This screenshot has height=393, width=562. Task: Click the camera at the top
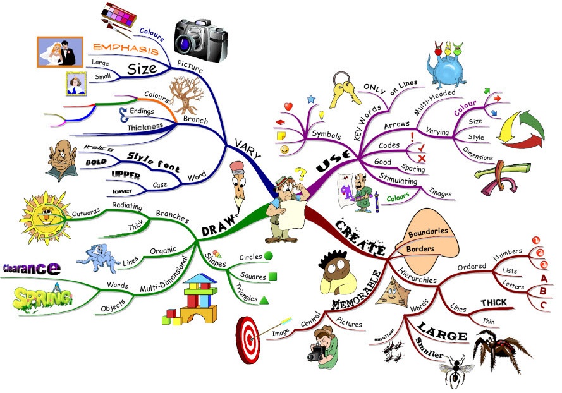[x=200, y=35]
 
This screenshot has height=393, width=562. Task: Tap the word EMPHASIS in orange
[x=125, y=48]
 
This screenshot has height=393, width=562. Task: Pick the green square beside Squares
[x=272, y=276]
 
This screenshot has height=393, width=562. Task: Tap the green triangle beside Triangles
[x=264, y=299]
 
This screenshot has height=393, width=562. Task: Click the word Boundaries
[x=428, y=233]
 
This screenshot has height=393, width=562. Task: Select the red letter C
[x=543, y=305]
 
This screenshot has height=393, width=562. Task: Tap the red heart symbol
[x=288, y=107]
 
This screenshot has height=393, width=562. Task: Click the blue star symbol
[x=310, y=99]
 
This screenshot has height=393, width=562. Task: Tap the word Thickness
[x=145, y=126]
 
